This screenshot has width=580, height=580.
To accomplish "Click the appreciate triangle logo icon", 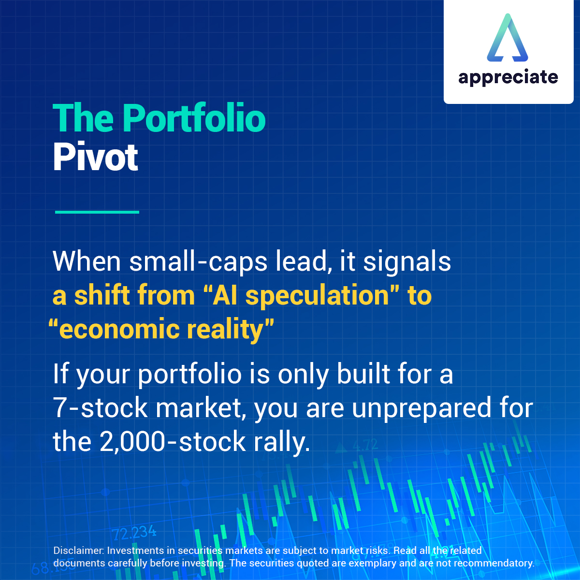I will pyautogui.click(x=507, y=38).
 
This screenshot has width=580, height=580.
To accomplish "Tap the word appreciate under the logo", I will pyautogui.click(x=508, y=77).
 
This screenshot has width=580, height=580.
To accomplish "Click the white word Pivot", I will pyautogui.click(x=96, y=157).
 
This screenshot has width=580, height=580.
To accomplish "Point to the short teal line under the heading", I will pyautogui.click(x=97, y=212).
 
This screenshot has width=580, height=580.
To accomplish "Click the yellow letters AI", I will pyautogui.click(x=226, y=295).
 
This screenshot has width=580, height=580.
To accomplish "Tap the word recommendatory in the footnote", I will pyautogui.click(x=493, y=563).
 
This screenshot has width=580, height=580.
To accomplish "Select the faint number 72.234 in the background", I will pyautogui.click(x=134, y=533).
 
